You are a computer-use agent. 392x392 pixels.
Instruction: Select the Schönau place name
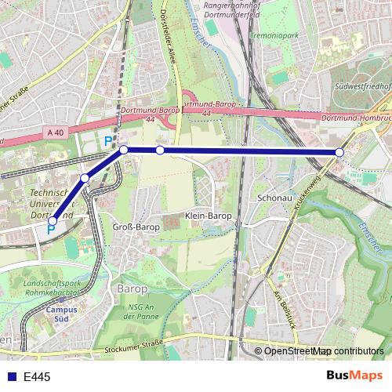tap(274, 198)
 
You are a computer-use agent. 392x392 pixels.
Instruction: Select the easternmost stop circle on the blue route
tap(339, 152)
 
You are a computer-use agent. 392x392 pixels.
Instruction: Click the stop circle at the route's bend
tap(124, 149)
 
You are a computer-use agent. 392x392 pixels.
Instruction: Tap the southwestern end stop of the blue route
tap(53, 221)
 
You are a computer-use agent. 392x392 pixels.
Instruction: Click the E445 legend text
tap(37, 377)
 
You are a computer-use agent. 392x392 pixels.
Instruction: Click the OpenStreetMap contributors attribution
tap(324, 351)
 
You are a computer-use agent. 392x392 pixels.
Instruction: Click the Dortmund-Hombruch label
tap(358, 118)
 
